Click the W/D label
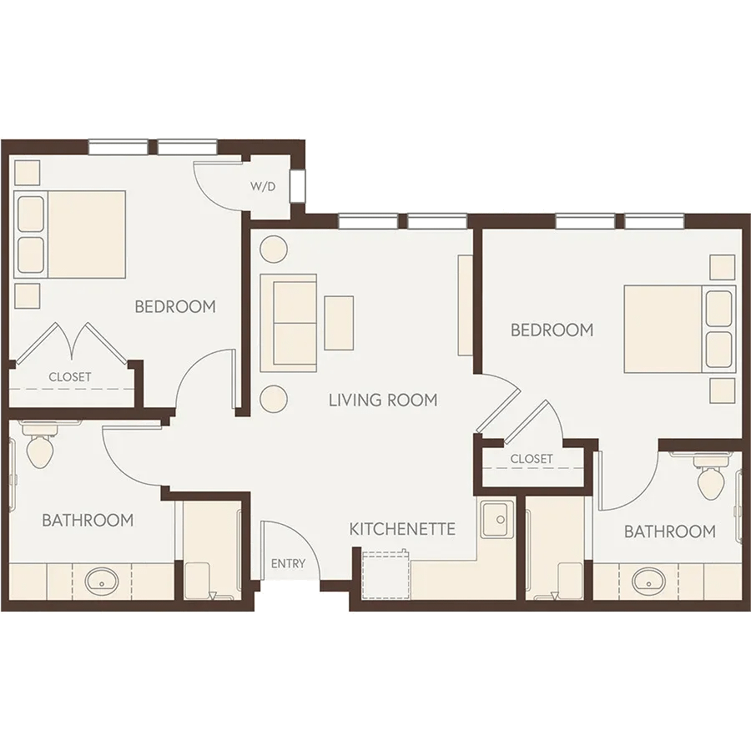pos(263,186)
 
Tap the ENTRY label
pos(288,563)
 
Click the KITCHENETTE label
pos(402,529)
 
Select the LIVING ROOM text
pos(383,400)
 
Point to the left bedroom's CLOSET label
pos(70,377)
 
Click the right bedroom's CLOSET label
pos(532,459)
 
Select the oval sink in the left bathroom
pos(102,582)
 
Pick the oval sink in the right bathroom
pos(648,582)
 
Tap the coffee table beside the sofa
pos(339,323)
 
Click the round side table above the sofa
pos(274,249)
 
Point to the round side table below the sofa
pos(274,399)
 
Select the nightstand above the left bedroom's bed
pos(27,173)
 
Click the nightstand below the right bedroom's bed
pos(723,391)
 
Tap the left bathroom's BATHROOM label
pos(88,520)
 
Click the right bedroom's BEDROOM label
pos(552,330)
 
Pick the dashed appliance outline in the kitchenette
pos(386,575)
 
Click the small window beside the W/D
pos(297,186)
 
